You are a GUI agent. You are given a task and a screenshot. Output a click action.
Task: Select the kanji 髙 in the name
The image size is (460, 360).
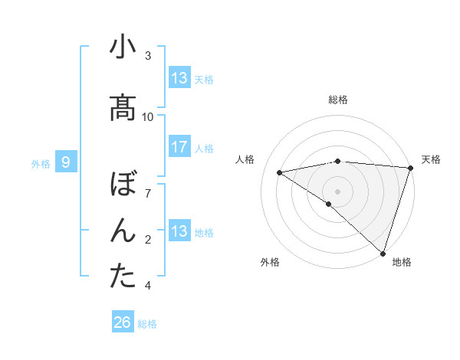tap(123, 108)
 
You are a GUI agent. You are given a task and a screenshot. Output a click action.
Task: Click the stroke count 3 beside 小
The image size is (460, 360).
tap(148, 56)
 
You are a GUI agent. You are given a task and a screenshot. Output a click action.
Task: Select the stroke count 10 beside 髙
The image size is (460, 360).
tap(148, 117)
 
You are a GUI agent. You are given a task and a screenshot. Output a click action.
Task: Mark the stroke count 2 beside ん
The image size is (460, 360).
tap(148, 240)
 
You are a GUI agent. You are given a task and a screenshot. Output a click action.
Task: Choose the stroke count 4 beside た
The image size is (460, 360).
tap(148, 286)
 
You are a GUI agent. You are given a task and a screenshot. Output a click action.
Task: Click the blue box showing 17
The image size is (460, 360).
tap(179, 147)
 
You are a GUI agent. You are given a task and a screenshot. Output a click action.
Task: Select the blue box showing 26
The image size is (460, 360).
tap(122, 322)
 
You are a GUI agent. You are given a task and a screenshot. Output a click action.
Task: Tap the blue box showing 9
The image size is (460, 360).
tap(66, 162)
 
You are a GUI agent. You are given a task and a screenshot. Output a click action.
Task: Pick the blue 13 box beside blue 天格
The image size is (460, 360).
tap(179, 78)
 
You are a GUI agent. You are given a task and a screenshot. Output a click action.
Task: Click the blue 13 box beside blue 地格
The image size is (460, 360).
tap(179, 231)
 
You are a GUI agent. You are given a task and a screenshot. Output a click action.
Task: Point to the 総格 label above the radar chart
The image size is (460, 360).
tap(338, 100)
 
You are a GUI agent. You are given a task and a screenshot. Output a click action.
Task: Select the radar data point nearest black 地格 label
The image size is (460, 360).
tap(383, 254)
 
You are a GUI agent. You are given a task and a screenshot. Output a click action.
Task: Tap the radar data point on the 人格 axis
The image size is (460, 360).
tap(279, 172)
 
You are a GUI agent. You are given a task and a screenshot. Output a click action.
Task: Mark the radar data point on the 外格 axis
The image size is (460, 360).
tap(328, 204)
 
